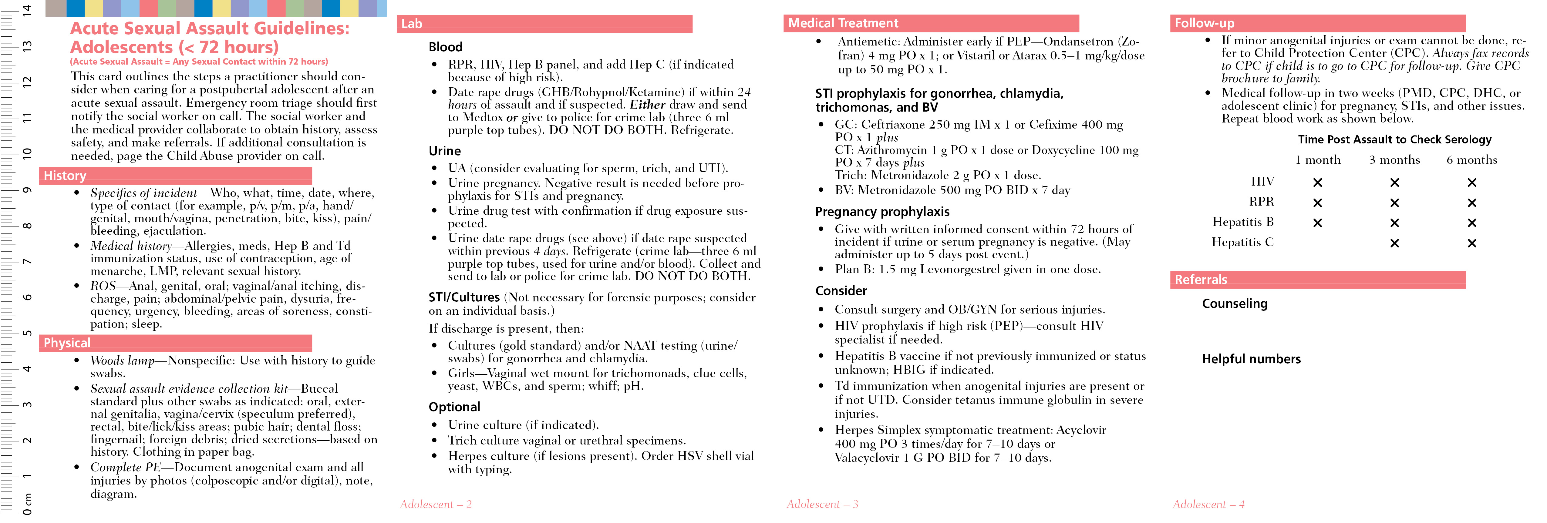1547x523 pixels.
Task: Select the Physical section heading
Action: point(67,343)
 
